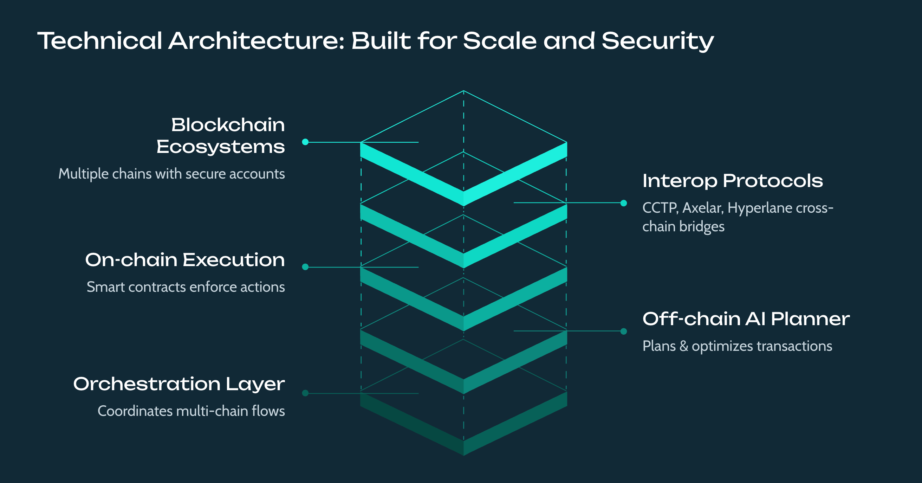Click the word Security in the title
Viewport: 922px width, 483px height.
coord(658,41)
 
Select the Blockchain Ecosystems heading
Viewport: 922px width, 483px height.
coord(221,136)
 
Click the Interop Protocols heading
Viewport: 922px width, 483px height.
coord(733,181)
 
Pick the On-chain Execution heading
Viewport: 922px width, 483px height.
coord(185,259)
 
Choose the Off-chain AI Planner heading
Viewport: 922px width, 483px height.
coord(746,319)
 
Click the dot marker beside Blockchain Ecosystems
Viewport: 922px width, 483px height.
coord(305,142)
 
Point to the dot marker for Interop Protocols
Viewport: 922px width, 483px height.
coord(623,203)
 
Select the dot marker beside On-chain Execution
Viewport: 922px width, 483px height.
coord(305,267)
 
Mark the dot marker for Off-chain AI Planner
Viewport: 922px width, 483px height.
coord(623,331)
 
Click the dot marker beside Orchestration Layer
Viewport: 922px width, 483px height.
coord(305,393)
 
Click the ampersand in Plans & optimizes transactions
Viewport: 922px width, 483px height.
coord(684,346)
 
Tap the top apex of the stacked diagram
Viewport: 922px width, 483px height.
coord(463,91)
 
